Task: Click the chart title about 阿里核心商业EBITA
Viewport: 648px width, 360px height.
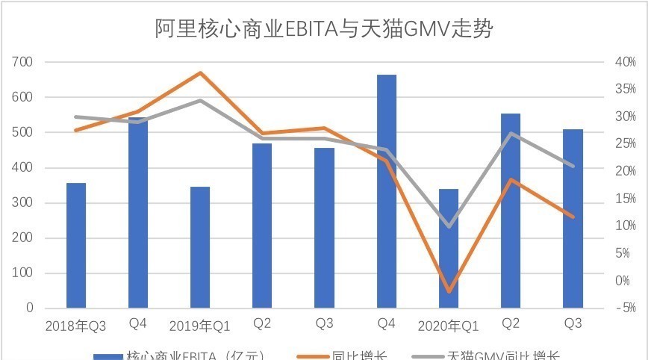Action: coord(324,29)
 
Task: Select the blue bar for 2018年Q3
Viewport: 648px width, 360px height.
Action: coord(76,245)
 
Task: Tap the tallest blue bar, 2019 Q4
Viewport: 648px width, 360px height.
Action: coord(386,191)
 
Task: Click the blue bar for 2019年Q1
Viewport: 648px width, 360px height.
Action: coord(200,247)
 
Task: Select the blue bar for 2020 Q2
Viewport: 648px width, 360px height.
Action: coord(511,211)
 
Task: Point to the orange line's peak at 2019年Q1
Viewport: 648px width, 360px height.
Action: coord(200,72)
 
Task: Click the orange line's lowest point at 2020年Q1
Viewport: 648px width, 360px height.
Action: coord(448,291)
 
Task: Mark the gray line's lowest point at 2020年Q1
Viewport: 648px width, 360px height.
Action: coord(448,226)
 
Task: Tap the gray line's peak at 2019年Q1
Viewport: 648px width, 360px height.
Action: coord(200,100)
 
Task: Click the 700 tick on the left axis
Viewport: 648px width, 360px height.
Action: coord(23,62)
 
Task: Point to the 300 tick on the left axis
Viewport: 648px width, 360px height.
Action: coord(23,203)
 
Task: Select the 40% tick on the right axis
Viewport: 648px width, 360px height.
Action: coord(624,62)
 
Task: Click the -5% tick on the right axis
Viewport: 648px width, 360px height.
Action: coord(624,308)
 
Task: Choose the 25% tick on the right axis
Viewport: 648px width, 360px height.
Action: coord(624,144)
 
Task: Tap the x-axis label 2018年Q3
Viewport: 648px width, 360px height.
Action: coord(75,326)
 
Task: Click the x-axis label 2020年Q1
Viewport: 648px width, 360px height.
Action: coord(448,326)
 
